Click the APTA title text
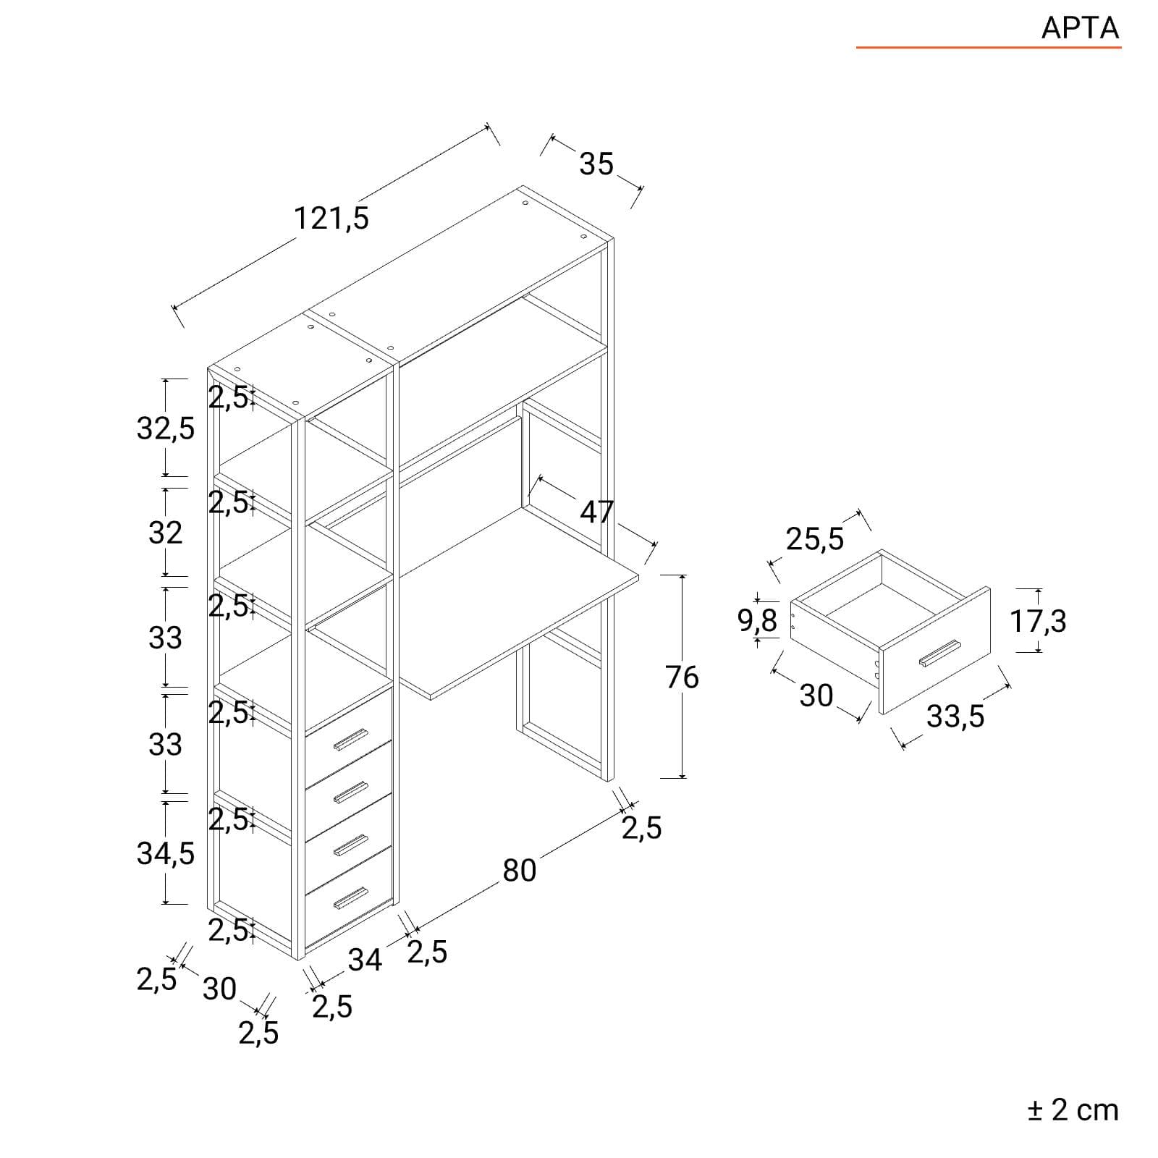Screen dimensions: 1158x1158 pyautogui.click(x=1080, y=28)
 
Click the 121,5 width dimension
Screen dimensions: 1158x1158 pyautogui.click(x=331, y=218)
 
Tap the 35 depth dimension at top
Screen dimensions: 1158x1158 pyautogui.click(x=596, y=164)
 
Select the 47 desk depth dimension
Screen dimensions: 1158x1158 pyautogui.click(x=597, y=512)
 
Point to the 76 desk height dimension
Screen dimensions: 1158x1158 pyautogui.click(x=682, y=677)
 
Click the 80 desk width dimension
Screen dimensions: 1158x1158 pyautogui.click(x=520, y=871)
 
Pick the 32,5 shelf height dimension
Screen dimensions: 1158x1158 pyautogui.click(x=166, y=428)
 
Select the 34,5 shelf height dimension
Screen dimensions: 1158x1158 pyautogui.click(x=166, y=854)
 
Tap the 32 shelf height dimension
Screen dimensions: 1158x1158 pyautogui.click(x=166, y=533)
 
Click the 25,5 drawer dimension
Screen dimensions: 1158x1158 pyautogui.click(x=815, y=539)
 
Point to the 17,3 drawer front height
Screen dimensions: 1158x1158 pyautogui.click(x=1039, y=621)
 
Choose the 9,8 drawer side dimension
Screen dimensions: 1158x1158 pyautogui.click(x=757, y=620)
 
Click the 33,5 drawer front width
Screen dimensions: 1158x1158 pyautogui.click(x=955, y=717)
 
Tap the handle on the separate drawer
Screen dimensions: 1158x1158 pyautogui.click(x=939, y=653)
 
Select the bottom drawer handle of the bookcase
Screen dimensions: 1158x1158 pyautogui.click(x=351, y=897)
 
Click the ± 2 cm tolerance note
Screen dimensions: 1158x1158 pyautogui.click(x=1073, y=1110)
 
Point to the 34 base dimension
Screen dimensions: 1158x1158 pyautogui.click(x=365, y=960)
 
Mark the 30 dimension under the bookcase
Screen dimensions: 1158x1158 pyautogui.click(x=219, y=989)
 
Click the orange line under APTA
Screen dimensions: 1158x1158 pyautogui.click(x=989, y=48)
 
